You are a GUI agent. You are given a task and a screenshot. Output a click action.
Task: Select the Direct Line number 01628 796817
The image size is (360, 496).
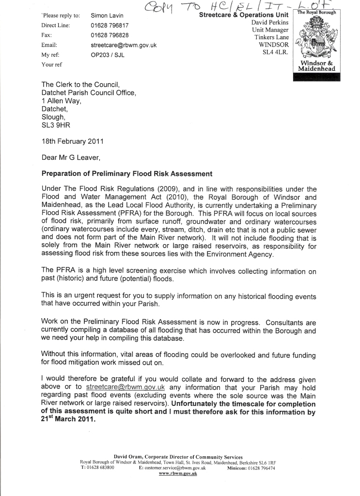tap(110, 26)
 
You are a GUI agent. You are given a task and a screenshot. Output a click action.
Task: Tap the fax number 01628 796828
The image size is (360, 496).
tap(110, 35)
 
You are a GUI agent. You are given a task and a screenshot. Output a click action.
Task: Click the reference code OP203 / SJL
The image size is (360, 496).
tap(108, 55)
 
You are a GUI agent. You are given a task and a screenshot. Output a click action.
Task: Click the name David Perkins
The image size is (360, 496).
tap(270, 23)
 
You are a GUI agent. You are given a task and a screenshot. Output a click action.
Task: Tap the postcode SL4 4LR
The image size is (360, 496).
tap(275, 52)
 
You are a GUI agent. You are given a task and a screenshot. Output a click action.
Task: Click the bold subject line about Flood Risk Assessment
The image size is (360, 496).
tap(127, 173)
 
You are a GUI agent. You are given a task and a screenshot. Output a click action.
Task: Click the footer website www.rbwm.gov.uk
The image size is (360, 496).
tap(178, 473)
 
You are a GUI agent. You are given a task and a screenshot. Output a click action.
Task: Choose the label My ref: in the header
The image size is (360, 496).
tap(50, 55)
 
